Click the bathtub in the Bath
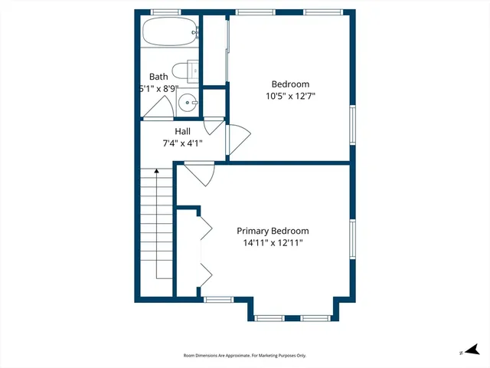tap(169, 34)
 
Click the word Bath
tap(158, 77)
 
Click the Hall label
tap(182, 131)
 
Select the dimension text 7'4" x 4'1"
tap(182, 143)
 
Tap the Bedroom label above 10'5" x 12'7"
tap(290, 84)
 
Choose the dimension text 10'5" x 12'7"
tap(290, 96)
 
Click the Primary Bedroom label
tap(273, 231)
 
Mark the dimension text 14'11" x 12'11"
tap(273, 243)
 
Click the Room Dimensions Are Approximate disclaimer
tap(245, 356)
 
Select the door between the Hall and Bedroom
tap(237, 140)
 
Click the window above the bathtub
tap(165, 12)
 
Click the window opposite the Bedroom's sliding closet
tap(353, 124)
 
